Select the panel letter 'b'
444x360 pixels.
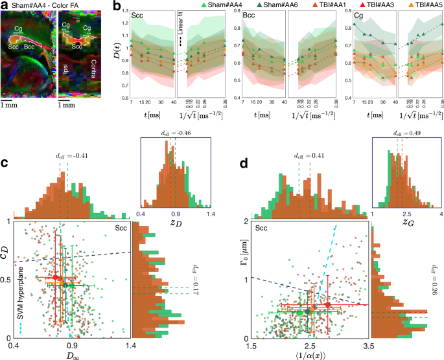tap(117, 6)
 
